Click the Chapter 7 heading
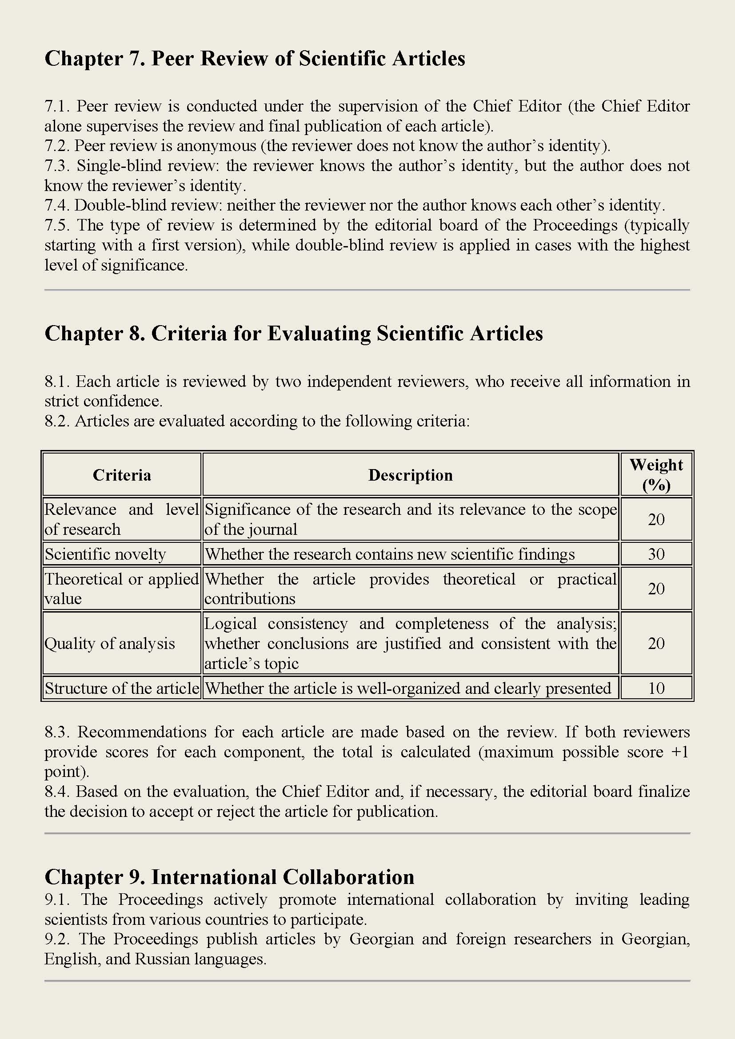254,59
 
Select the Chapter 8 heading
293,334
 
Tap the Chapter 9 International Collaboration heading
229,876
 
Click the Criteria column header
122,475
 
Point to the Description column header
410,475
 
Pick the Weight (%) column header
656,475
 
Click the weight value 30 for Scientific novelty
656,554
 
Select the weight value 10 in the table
656,688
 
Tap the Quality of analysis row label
109,644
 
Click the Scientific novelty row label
105,554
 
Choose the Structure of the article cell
122,688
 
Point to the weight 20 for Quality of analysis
656,644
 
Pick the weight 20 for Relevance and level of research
656,519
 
